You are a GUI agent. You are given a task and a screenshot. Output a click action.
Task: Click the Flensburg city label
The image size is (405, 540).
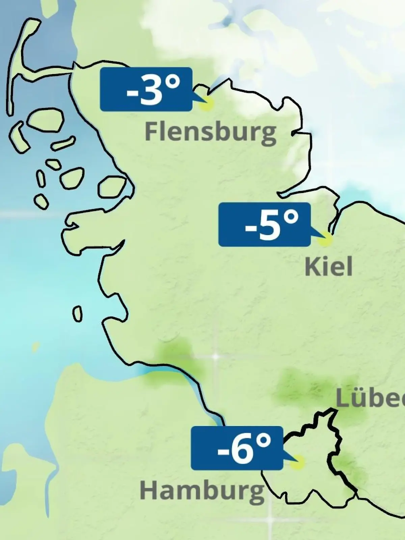[x=210, y=132]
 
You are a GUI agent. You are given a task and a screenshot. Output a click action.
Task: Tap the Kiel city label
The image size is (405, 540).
[x=328, y=267]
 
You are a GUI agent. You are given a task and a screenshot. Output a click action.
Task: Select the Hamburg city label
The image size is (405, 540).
[x=202, y=491]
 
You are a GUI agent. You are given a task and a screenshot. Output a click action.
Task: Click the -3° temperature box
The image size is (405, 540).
[x=146, y=89]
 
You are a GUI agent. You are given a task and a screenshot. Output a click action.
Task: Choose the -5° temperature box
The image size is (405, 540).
[x=264, y=224]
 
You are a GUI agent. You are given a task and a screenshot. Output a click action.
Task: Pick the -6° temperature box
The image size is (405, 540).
[x=237, y=448]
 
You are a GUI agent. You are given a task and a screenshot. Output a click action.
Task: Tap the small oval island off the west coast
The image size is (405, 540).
[x=78, y=314]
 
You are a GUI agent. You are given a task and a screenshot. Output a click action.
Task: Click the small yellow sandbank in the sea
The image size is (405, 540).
[x=35, y=347]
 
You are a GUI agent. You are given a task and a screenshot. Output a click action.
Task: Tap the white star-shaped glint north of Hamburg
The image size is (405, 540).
[x=215, y=356]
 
